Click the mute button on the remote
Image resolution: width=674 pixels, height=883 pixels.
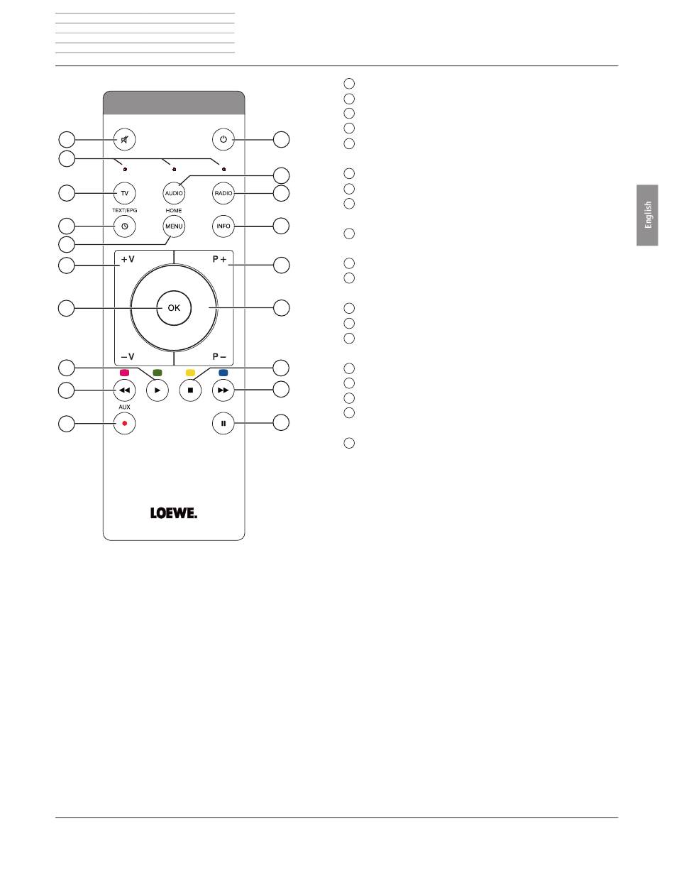pyautogui.click(x=125, y=140)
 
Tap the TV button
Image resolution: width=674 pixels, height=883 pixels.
pyautogui.click(x=125, y=193)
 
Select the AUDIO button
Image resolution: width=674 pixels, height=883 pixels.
pyautogui.click(x=174, y=193)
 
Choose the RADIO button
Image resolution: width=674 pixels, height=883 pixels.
pyautogui.click(x=223, y=193)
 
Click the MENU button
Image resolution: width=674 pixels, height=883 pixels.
pyautogui.click(x=174, y=226)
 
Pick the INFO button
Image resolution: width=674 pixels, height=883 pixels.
pyautogui.click(x=223, y=226)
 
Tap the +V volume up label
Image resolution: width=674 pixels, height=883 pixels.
pyautogui.click(x=128, y=260)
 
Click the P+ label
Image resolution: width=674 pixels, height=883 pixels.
pyautogui.click(x=219, y=260)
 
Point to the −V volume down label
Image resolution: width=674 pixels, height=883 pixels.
pyautogui.click(x=128, y=356)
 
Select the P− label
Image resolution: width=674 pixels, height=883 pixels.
pyautogui.click(x=219, y=356)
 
